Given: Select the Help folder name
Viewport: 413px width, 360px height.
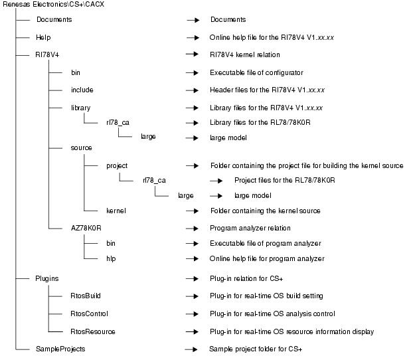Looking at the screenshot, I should (x=43, y=37).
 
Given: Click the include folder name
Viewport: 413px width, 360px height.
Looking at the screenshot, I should (x=82, y=89).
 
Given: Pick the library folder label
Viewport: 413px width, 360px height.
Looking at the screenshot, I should (x=80, y=107).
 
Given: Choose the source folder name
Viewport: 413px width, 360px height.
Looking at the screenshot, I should (x=81, y=147).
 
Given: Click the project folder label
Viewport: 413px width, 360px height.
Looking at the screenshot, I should (x=116, y=165).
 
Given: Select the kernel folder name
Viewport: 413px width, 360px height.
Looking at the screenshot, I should (x=116, y=211).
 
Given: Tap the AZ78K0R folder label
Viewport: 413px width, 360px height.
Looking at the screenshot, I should (x=86, y=227).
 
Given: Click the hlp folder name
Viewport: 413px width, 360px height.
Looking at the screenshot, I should (x=111, y=258).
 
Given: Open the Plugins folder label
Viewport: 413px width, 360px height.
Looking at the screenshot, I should (x=47, y=279).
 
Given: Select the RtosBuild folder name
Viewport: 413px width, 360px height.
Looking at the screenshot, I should (x=86, y=296).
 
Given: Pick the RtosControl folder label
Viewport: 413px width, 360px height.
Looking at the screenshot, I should (x=89, y=314).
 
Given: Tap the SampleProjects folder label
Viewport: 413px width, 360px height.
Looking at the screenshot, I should (x=60, y=348).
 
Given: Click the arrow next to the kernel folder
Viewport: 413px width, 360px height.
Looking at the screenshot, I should (x=192, y=211).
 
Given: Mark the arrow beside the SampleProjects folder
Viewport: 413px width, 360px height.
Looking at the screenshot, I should (x=192, y=348).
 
